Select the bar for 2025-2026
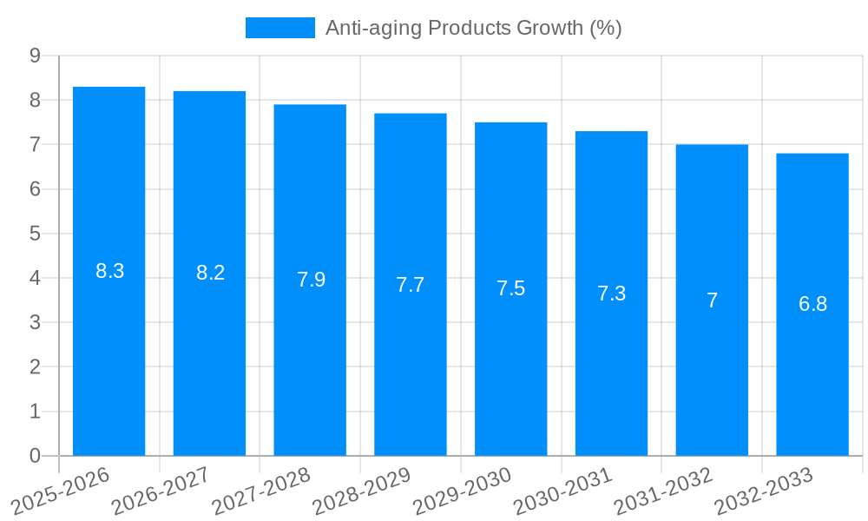(x=108, y=347)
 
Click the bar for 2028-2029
(x=411, y=365)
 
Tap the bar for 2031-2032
(x=712, y=373)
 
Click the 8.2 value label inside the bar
(x=210, y=273)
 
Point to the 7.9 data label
(x=311, y=280)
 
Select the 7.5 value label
(x=511, y=288)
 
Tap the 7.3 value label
(x=611, y=293)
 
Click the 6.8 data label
(x=812, y=304)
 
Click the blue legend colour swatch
(x=280, y=28)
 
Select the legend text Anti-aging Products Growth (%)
(x=473, y=28)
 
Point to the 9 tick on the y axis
(x=35, y=56)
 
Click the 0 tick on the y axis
(x=35, y=456)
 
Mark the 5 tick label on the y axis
(x=35, y=234)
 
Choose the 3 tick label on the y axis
(x=35, y=322)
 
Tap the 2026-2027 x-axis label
(x=161, y=491)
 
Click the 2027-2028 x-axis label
(x=262, y=491)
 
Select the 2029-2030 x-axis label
(x=463, y=491)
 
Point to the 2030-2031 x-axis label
(x=563, y=491)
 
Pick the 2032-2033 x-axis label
(x=764, y=491)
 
